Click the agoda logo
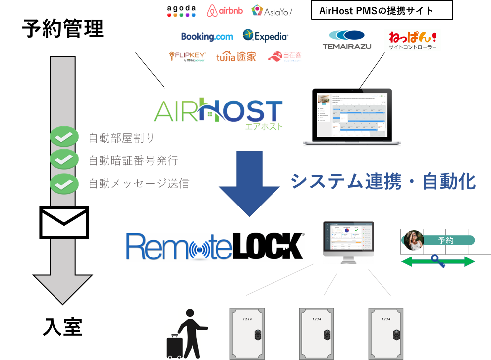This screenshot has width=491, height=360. coord(182,11)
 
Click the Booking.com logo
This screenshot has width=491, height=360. coord(207,36)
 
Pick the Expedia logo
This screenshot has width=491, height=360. coord(265,36)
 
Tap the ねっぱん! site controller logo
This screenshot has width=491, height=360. coord(412,40)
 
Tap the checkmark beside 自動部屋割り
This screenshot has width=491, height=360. coord(64,137)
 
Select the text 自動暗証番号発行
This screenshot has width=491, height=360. coord(133,161)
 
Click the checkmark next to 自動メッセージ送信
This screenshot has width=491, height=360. coord(64,183)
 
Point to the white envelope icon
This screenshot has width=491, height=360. coord(64,222)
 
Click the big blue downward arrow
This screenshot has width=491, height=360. coord(250,183)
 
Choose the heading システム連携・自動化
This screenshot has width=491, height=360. coord(383,182)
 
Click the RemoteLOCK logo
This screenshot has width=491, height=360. coord(215,246)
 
